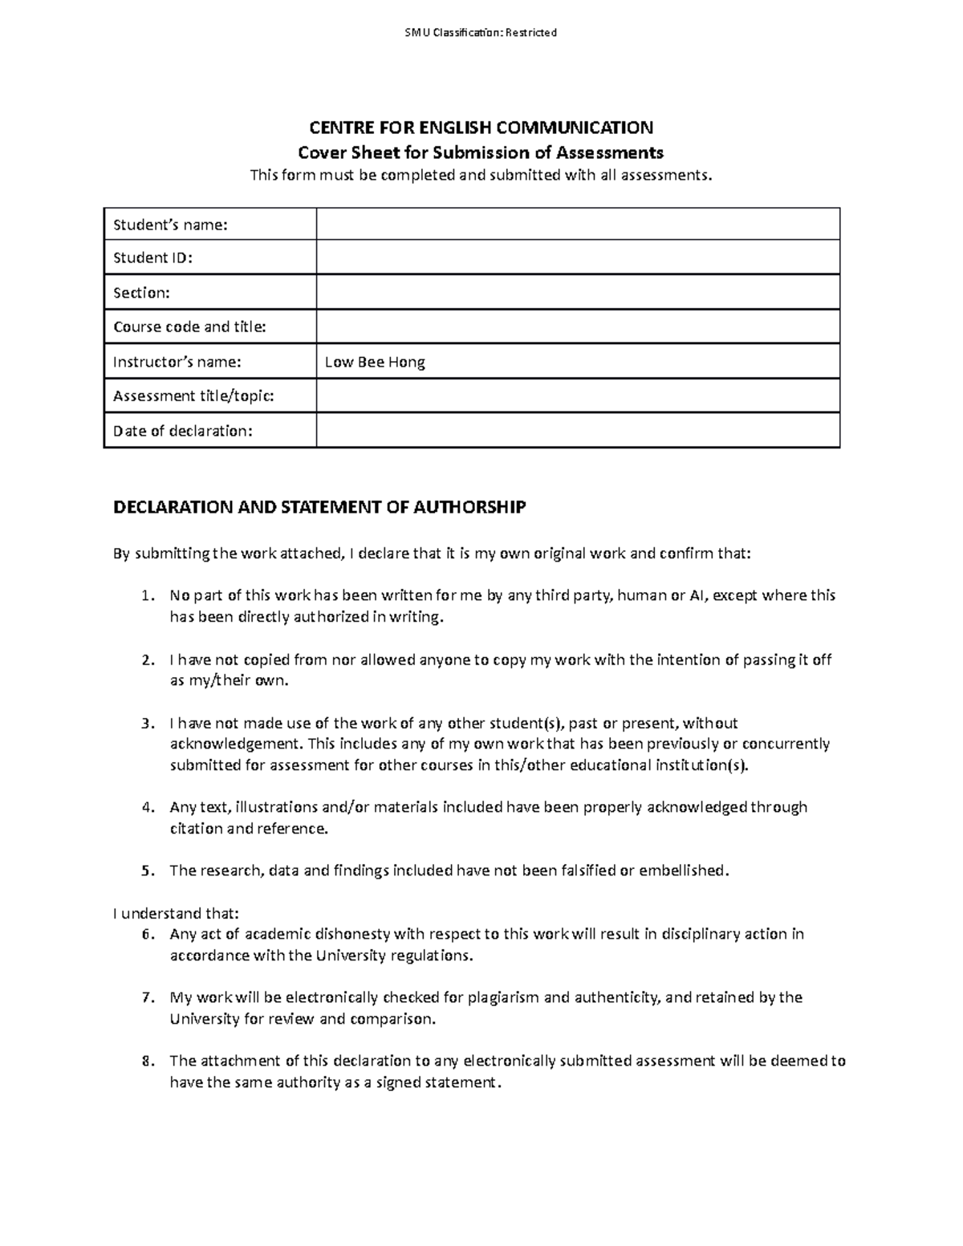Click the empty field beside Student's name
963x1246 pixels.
pos(578,224)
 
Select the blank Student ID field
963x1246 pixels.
pos(578,258)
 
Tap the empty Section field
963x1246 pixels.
pos(578,292)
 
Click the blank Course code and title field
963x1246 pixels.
pos(578,327)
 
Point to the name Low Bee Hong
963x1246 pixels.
pos(375,362)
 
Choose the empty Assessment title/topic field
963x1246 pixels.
pos(578,396)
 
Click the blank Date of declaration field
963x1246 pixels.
pos(578,430)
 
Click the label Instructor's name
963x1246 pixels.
pos(177,362)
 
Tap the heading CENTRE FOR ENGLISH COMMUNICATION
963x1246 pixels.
pos(481,128)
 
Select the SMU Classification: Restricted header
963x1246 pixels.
pos(481,33)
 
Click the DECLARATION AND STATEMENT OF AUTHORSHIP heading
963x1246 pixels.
pos(319,507)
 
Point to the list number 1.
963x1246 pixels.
pos(145,596)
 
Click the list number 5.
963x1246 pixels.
pos(145,871)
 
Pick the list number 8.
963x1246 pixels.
pos(145,1061)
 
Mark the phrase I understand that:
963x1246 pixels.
pos(176,913)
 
